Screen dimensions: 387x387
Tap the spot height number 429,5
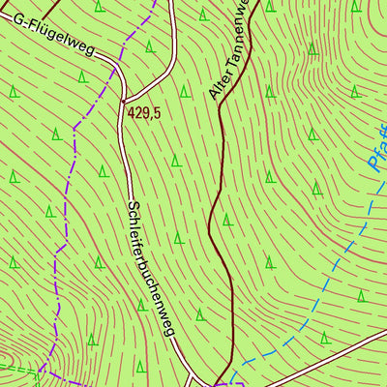click(x=143, y=113)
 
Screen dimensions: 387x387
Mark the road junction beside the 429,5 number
click(x=123, y=99)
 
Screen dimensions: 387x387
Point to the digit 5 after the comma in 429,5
click(x=156, y=113)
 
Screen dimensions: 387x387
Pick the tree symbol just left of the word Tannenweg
click(x=202, y=15)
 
